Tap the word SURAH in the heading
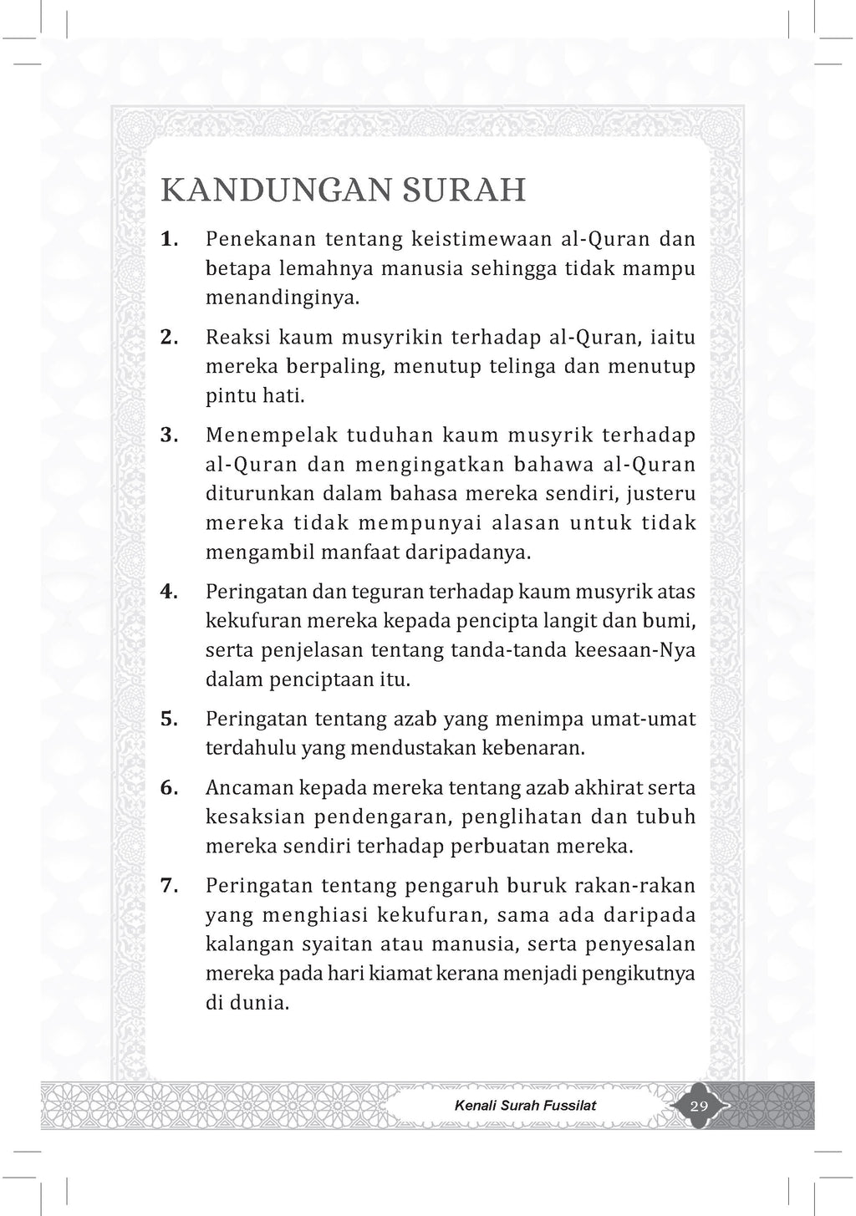point(456,191)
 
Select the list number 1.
point(169,239)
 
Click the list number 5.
point(169,719)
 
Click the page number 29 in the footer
point(699,1106)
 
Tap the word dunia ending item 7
point(258,1002)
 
